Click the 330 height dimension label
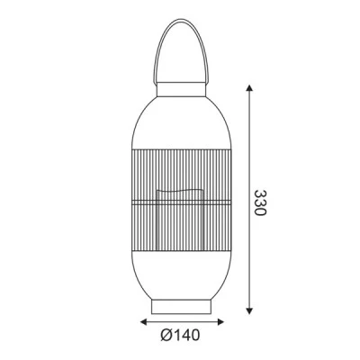pyautogui.click(x=260, y=202)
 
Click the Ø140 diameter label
pyautogui.click(x=180, y=335)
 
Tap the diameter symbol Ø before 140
pyautogui.click(x=166, y=335)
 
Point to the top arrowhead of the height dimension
pyautogui.click(x=249, y=88)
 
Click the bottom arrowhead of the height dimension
pyautogui.click(x=249, y=310)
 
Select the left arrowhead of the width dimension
pyautogui.click(x=144, y=322)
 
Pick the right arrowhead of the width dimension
pyautogui.click(x=220, y=322)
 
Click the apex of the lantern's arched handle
pyautogui.click(x=181, y=20)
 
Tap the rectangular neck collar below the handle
pyautogui.click(x=181, y=89)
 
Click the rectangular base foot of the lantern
pyautogui.click(x=181, y=307)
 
